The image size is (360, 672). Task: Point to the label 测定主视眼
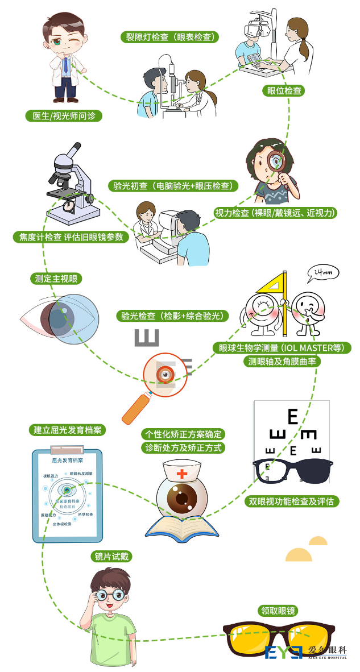(56, 279)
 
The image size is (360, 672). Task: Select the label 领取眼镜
(278, 611)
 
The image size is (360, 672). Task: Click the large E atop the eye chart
(293, 417)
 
